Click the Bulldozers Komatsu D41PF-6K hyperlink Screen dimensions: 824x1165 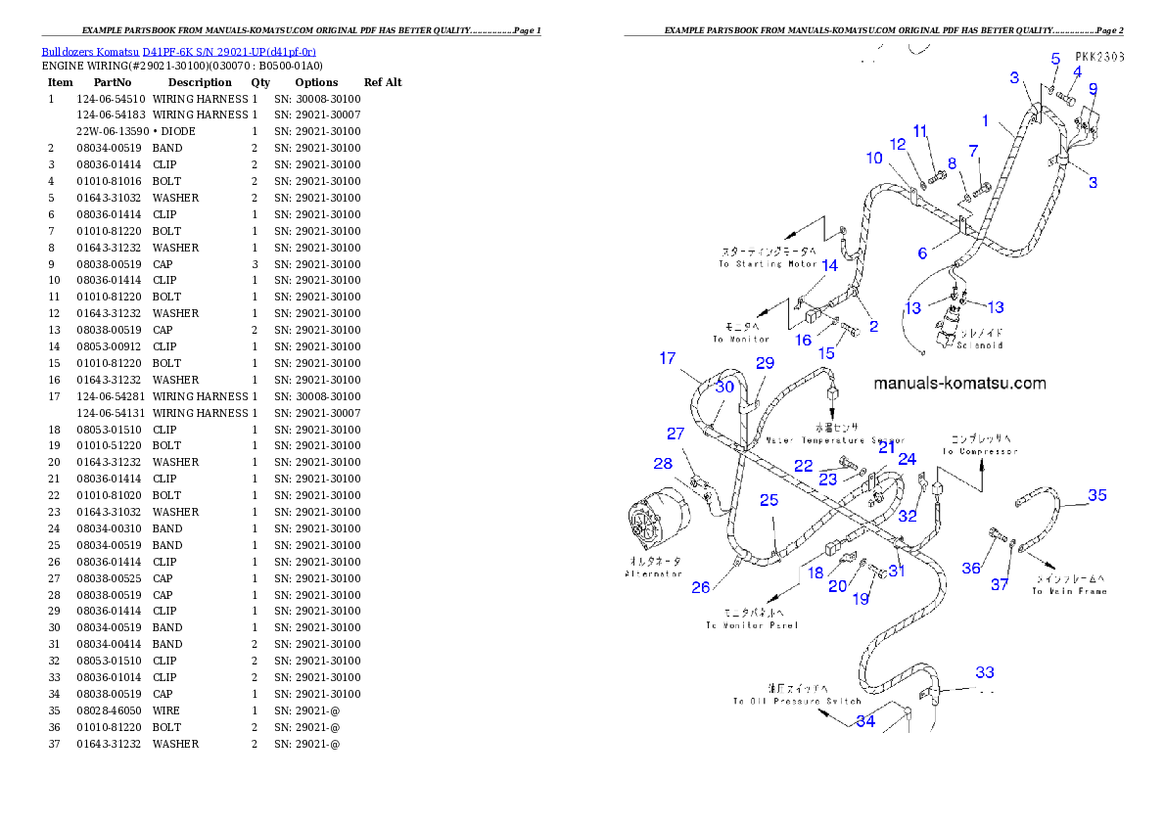coord(178,51)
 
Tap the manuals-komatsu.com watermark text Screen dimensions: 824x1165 coord(959,384)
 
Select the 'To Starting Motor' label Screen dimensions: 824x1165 coord(769,264)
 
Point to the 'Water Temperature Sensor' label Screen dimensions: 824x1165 coord(835,441)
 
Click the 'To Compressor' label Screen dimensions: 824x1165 coord(980,451)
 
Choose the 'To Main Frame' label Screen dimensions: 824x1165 coord(1069,591)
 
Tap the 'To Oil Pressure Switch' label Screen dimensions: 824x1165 coord(797,701)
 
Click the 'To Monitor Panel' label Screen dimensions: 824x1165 coord(751,624)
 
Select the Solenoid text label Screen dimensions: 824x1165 coord(979,345)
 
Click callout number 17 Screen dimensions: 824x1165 coord(668,358)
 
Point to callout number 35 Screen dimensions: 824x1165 coord(1097,495)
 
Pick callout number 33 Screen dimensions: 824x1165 coord(984,672)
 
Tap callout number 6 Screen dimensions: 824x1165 coord(922,253)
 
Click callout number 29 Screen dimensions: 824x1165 coord(765,363)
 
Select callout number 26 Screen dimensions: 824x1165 coord(701,587)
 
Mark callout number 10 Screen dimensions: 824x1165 coord(873,158)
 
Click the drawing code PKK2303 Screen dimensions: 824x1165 coord(1097,58)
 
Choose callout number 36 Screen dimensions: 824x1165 coord(971,568)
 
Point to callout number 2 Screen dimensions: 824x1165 coord(873,326)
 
